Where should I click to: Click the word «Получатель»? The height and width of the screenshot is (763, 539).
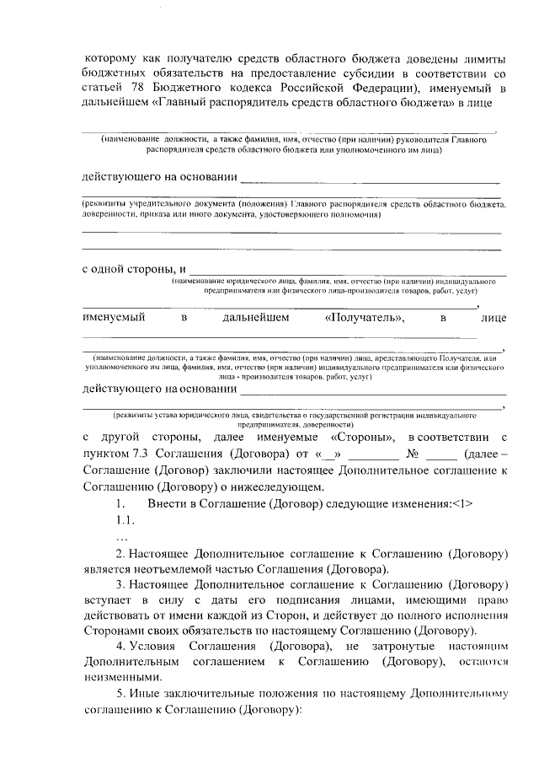tap(364, 318)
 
